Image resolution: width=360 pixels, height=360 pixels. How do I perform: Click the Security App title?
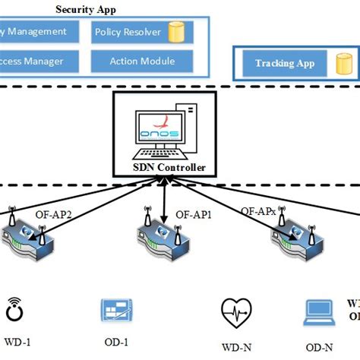(x=86, y=9)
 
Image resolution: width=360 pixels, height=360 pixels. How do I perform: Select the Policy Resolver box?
(x=141, y=33)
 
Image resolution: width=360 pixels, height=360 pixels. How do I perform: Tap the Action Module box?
(x=141, y=61)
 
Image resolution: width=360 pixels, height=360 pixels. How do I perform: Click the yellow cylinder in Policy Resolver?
(x=178, y=33)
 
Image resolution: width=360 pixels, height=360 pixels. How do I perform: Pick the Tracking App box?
(x=285, y=64)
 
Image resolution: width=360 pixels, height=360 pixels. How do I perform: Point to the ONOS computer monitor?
(x=160, y=131)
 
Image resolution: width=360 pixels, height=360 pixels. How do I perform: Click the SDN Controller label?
(x=165, y=168)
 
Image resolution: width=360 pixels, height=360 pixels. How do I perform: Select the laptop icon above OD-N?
(x=318, y=311)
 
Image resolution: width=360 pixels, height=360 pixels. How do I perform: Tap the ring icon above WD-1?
(x=14, y=311)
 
